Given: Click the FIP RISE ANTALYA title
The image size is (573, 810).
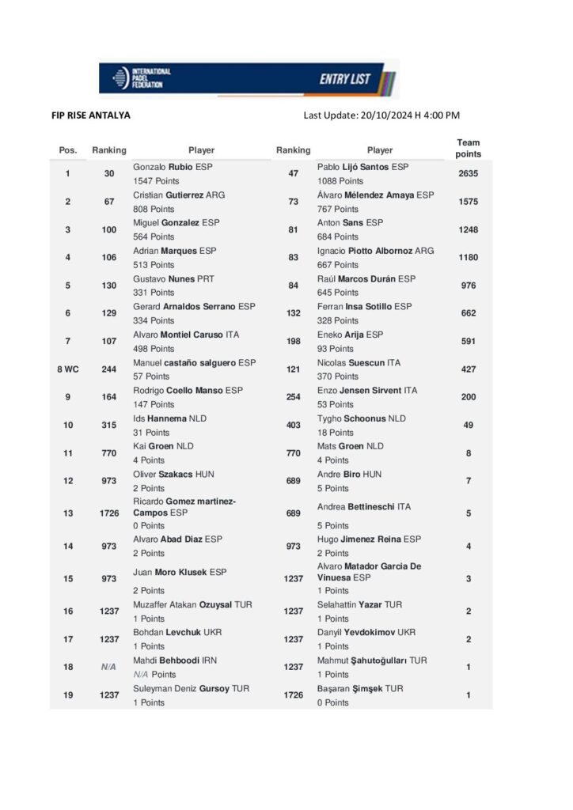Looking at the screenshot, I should (x=91, y=115).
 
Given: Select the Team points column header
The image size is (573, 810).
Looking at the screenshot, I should (x=468, y=148).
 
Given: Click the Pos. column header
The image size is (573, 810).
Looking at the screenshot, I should (x=68, y=150).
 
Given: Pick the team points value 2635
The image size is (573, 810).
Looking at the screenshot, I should (x=468, y=173).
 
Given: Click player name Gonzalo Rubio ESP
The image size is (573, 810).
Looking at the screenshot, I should (x=173, y=167).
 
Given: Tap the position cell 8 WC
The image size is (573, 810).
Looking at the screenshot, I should (x=67, y=369).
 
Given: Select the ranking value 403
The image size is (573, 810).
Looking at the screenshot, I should (x=293, y=425).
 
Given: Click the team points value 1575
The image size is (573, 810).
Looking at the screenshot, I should (x=468, y=202).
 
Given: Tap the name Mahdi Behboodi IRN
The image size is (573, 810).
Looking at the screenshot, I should (x=174, y=660).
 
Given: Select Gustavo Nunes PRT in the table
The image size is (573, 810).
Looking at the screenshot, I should (x=173, y=278).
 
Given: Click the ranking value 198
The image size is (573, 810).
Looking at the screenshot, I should (x=293, y=341).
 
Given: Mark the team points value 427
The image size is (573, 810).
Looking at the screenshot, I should (x=468, y=369).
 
